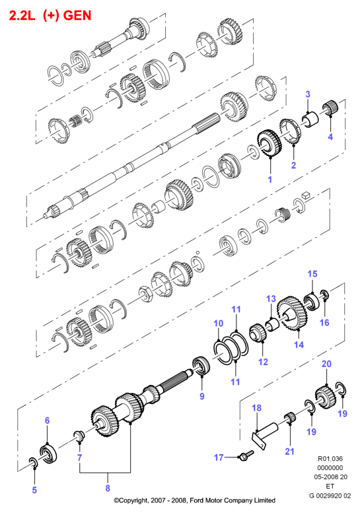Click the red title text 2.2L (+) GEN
pos(50,15)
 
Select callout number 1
pos(270,180)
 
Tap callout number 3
pos(308,94)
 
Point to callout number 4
pos(330,137)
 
